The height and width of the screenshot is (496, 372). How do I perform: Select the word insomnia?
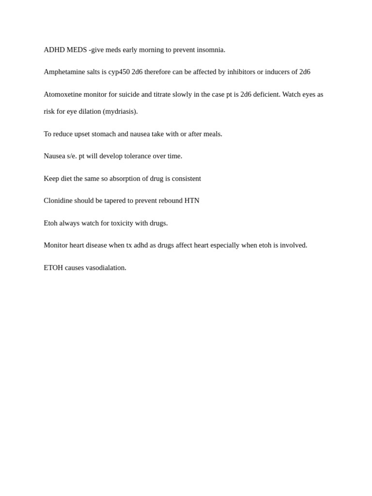(x=210, y=50)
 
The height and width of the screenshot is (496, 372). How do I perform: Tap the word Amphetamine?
(x=64, y=72)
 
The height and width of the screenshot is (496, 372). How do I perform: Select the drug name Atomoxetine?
(x=62, y=94)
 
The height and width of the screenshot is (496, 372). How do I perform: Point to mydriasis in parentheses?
(x=120, y=111)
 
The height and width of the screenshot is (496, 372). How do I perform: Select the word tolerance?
(x=138, y=156)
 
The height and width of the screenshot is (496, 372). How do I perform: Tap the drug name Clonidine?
(x=58, y=201)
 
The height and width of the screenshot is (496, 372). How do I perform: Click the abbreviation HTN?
(x=192, y=201)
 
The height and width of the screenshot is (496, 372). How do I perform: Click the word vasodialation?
(x=106, y=268)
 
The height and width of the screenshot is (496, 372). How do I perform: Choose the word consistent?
(x=186, y=179)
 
